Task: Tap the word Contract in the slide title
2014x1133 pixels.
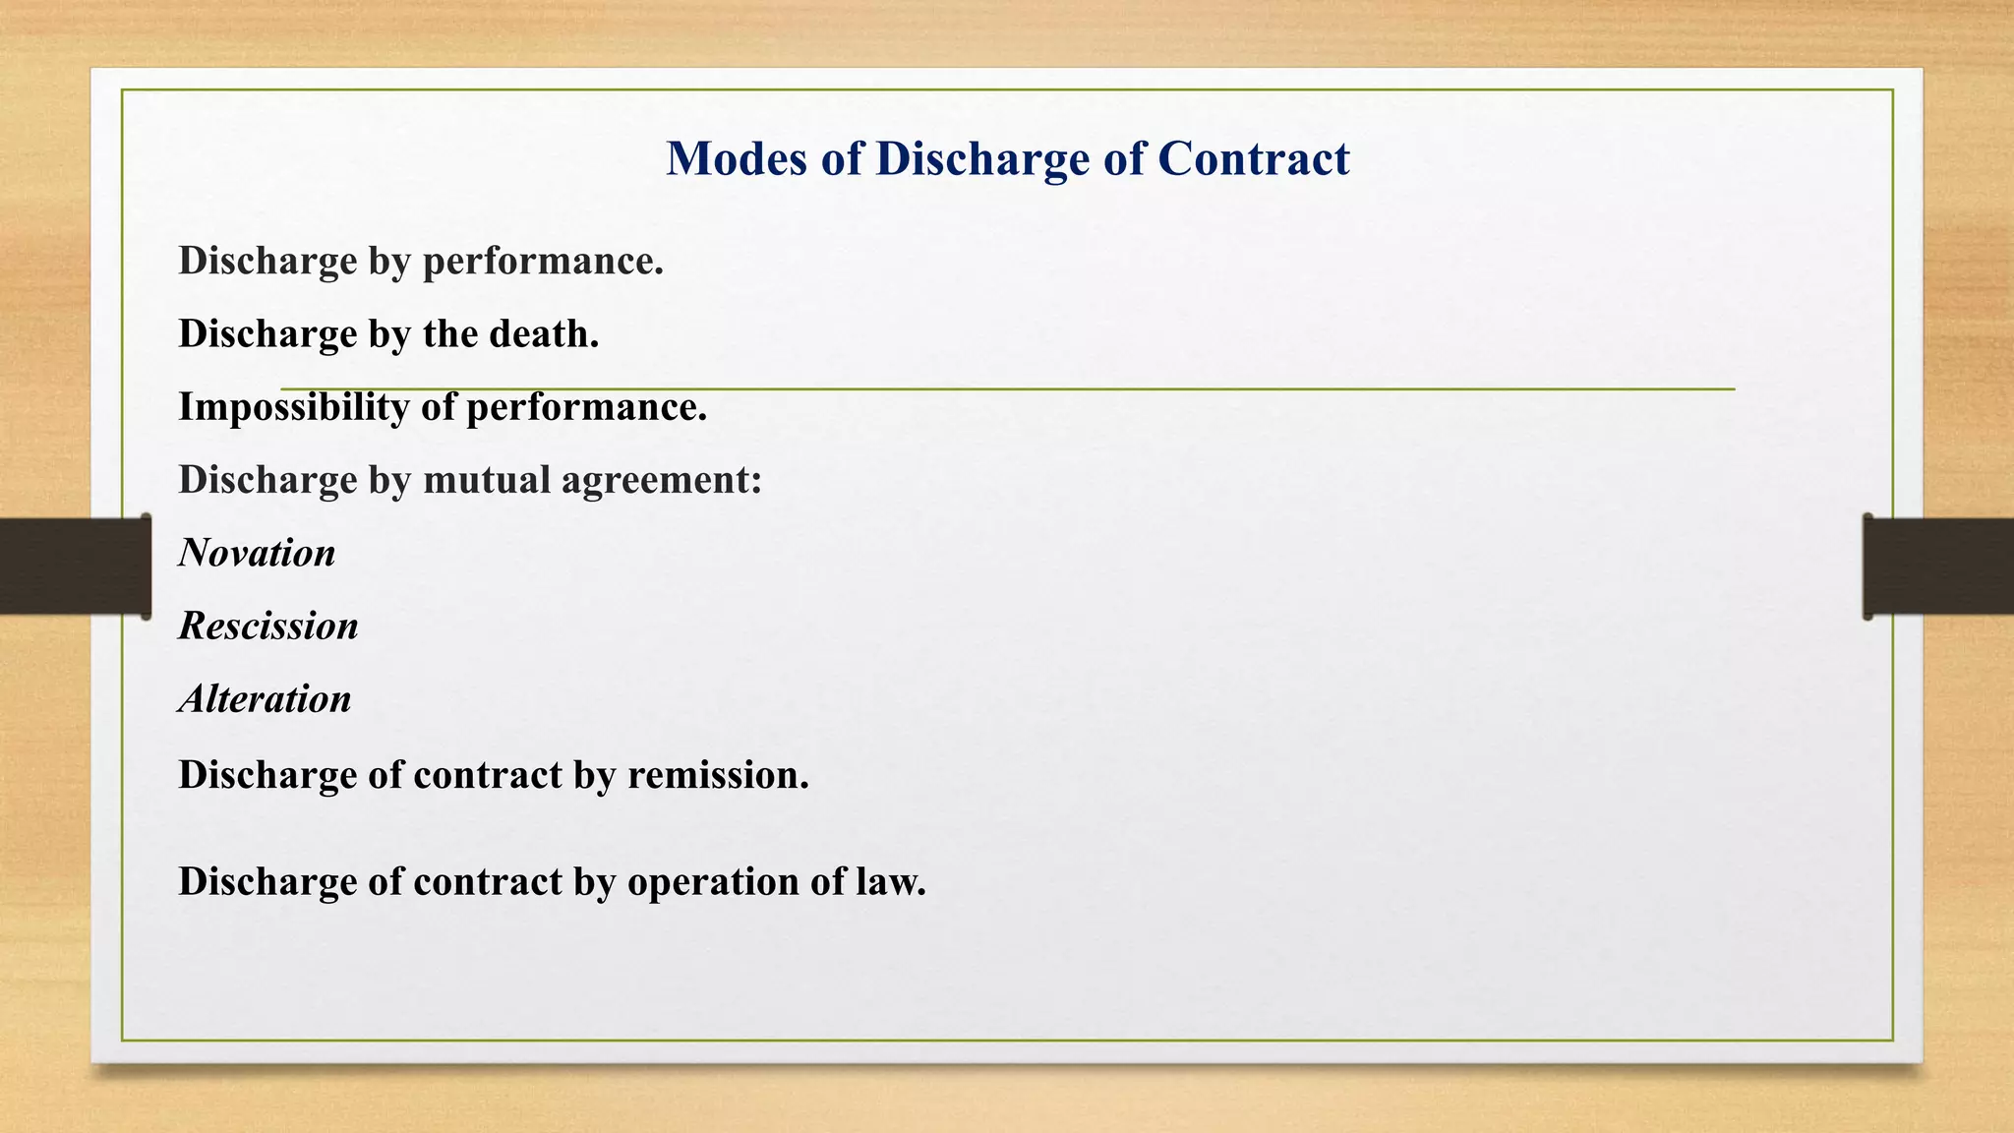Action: pos(1253,158)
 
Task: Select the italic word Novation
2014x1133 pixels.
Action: pos(257,553)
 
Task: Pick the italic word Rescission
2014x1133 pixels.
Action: pos(268,626)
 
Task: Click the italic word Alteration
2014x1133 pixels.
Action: pos(265,698)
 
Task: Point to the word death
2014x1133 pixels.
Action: pos(544,333)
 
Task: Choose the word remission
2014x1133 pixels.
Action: pos(718,775)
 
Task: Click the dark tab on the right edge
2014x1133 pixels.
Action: pos(1938,566)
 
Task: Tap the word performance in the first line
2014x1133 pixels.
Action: pos(543,262)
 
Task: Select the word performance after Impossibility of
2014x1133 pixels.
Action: pos(586,407)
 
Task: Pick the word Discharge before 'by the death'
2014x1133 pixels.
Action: pos(267,334)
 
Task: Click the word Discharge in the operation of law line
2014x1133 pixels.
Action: pos(267,881)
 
